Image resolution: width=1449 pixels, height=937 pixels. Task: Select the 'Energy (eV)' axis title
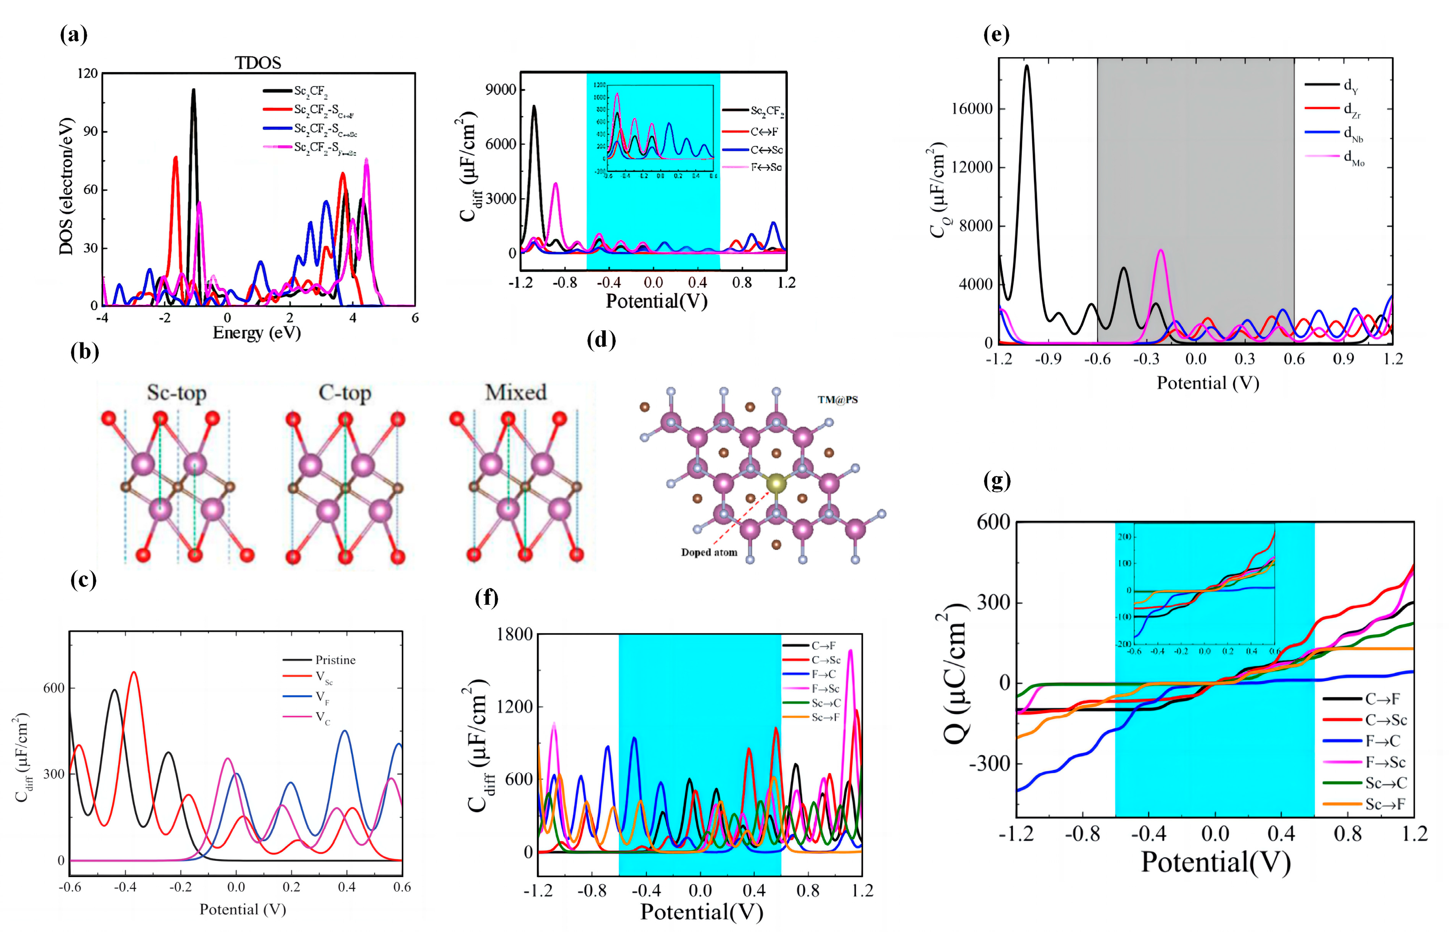pyautogui.click(x=257, y=333)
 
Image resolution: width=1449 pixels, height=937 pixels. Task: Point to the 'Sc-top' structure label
pyautogui.click(x=177, y=393)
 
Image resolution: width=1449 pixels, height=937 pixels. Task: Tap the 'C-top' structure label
pyautogui.click(x=345, y=393)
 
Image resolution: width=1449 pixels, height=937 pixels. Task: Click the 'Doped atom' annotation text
pyautogui.click(x=709, y=553)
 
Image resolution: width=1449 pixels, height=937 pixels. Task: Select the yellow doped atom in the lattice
pyautogui.click(x=776, y=484)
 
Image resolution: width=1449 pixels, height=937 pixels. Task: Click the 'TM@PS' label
pyautogui.click(x=838, y=400)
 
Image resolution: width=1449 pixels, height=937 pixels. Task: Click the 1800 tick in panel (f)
pyautogui.click(x=515, y=634)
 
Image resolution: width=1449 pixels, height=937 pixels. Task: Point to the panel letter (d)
pyautogui.click(x=601, y=340)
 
